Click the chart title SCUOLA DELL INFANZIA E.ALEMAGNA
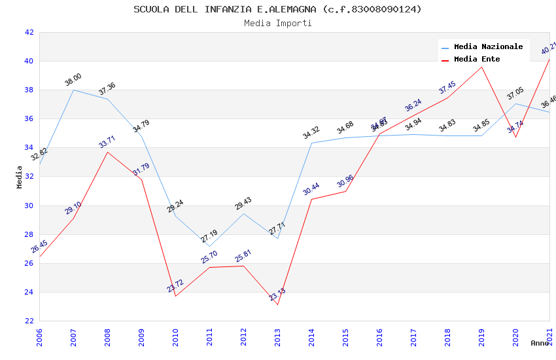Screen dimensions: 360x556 coord(277,9)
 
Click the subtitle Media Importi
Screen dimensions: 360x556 coord(277,23)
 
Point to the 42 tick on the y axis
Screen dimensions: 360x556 coord(29,32)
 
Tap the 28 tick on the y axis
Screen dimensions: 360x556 coord(29,234)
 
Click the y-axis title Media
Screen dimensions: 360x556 coord(20,177)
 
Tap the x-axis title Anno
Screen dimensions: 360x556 coord(540,343)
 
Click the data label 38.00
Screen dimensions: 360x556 coord(73,81)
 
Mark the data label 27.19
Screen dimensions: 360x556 coord(209,236)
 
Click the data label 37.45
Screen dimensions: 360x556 coord(447,87)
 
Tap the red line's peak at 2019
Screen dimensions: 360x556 coord(481,67)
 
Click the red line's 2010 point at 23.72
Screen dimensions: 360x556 coord(175,296)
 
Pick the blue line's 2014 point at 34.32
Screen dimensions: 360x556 coord(311,143)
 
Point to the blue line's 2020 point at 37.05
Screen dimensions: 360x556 coord(515,103)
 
